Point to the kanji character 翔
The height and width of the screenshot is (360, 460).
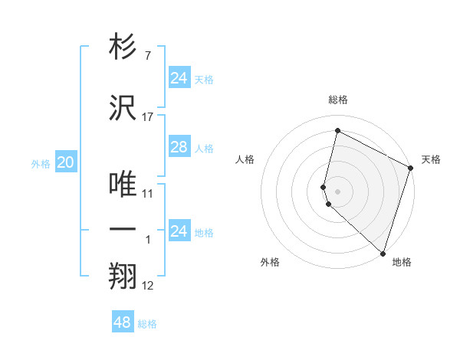123,276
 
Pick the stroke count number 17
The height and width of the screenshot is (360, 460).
148,117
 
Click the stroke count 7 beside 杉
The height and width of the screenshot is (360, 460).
148,57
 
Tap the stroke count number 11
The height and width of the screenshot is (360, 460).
148,194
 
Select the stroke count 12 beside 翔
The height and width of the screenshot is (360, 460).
148,286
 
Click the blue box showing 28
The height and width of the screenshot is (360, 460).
179,147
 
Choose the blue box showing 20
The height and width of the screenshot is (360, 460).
66,162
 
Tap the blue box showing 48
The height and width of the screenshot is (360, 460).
122,322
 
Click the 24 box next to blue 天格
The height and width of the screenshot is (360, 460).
179,78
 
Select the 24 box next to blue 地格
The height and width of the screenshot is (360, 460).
179,231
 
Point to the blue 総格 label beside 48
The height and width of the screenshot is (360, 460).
147,324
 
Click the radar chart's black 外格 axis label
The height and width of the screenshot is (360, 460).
270,262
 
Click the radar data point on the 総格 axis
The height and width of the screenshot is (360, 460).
337,131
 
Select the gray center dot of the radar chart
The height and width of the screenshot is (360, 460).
337,191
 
